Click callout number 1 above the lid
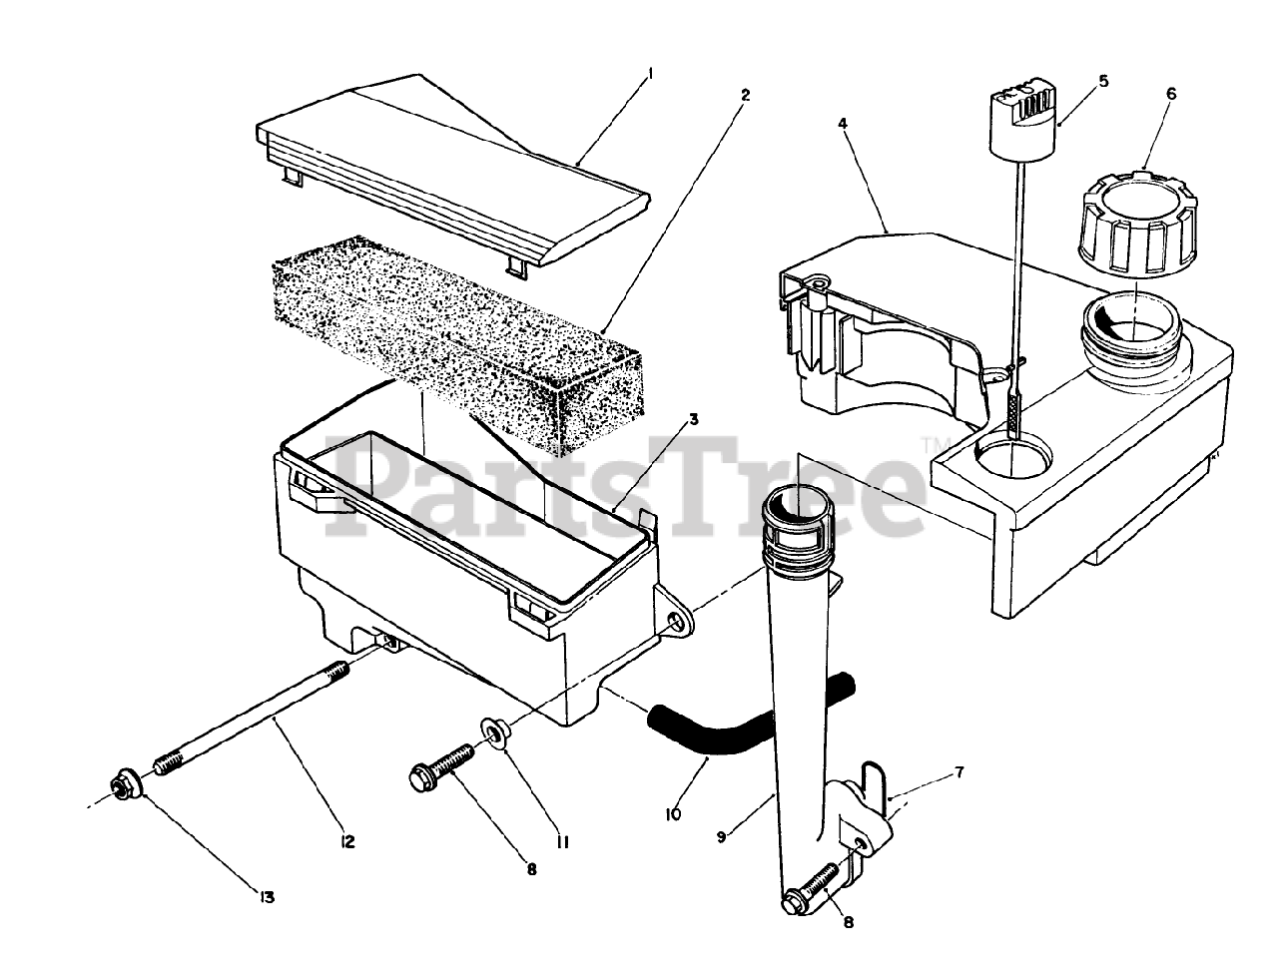[x=650, y=72]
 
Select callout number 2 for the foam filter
[x=745, y=95]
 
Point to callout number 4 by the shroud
[x=844, y=125]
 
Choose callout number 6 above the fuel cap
[x=1171, y=94]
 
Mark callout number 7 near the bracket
[x=958, y=773]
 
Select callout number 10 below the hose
[x=672, y=814]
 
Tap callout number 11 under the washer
[x=562, y=842]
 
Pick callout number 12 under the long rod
[x=347, y=842]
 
